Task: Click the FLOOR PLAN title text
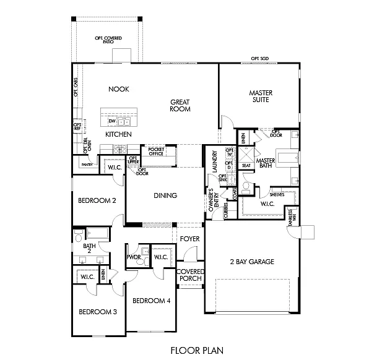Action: click(192, 350)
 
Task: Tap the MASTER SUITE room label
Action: click(261, 96)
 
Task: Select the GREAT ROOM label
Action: click(180, 105)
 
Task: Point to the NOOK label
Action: click(118, 89)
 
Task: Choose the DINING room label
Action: click(165, 195)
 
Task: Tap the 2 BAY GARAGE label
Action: click(251, 262)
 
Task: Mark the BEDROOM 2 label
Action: click(97, 200)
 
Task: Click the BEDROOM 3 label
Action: click(98, 312)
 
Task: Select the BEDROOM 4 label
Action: click(152, 301)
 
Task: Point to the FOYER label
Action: click(189, 239)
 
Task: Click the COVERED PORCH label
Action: click(190, 275)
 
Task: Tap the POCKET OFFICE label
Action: click(155, 152)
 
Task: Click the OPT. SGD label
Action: click(259, 58)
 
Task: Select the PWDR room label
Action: click(133, 257)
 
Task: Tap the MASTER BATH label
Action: click(265, 163)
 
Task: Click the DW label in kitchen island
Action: click(112, 121)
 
